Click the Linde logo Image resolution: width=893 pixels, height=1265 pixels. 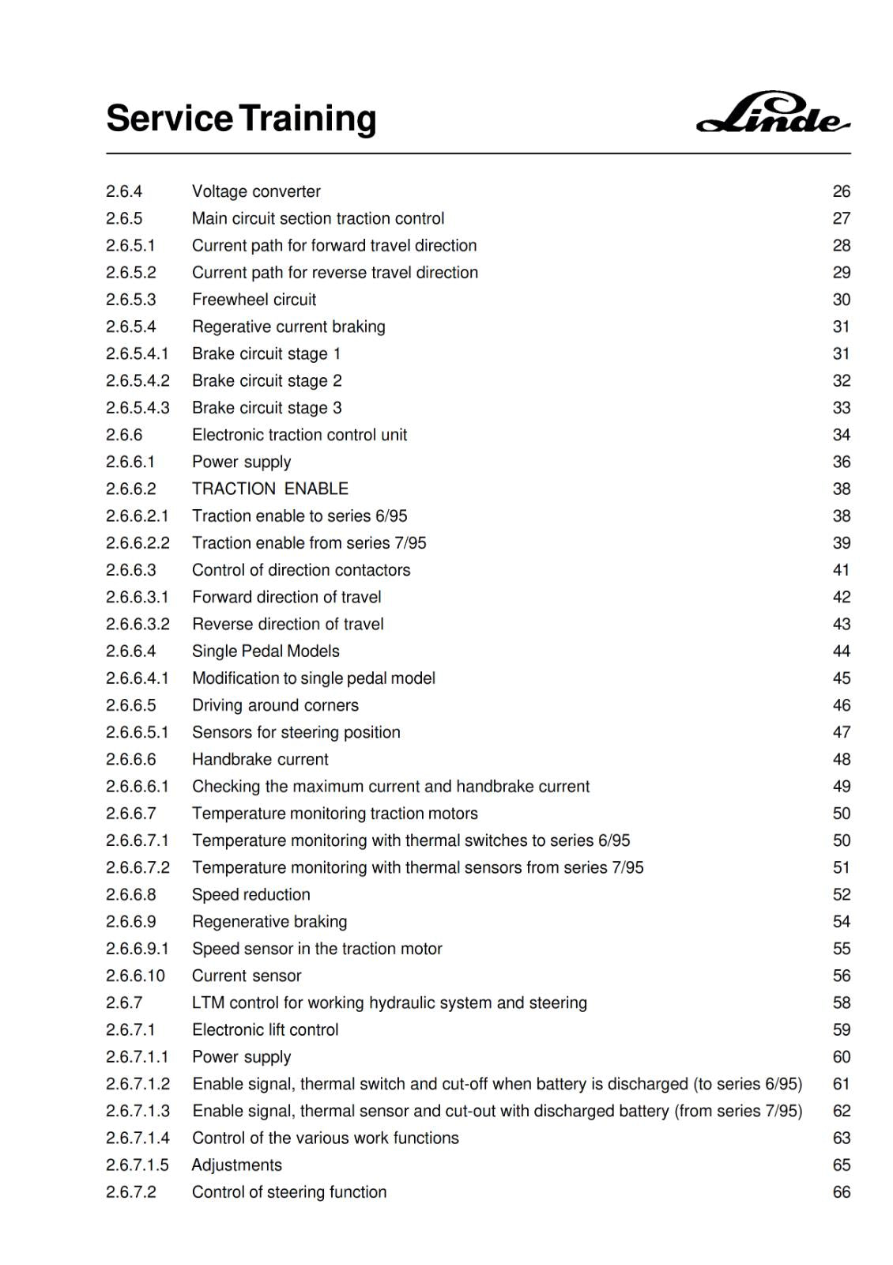[x=773, y=115]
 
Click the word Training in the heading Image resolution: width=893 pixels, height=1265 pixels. [x=308, y=119]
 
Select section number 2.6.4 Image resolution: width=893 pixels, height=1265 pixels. [x=124, y=191]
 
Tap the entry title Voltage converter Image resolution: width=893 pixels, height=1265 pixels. [x=256, y=191]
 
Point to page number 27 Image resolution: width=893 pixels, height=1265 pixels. [x=841, y=218]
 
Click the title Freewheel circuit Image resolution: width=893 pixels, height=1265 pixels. [x=254, y=300]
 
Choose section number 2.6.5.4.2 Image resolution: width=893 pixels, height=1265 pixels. [x=138, y=381]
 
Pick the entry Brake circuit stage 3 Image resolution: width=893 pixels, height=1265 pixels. [x=266, y=408]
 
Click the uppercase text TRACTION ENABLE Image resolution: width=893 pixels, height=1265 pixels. [x=269, y=489]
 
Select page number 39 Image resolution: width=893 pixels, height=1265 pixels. [x=841, y=543]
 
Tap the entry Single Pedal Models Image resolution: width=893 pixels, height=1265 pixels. [x=266, y=651]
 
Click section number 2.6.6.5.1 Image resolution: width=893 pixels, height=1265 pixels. [x=138, y=732]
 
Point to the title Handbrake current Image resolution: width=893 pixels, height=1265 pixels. [x=260, y=760]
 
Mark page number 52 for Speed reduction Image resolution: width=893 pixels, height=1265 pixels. [x=841, y=895]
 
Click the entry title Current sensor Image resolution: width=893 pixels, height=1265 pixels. [x=247, y=976]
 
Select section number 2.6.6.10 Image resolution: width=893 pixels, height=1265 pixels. [x=135, y=976]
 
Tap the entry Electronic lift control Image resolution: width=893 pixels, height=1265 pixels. [x=265, y=1030]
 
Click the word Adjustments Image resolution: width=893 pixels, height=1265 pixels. [x=236, y=1165]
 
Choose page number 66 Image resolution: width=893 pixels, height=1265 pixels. [x=841, y=1192]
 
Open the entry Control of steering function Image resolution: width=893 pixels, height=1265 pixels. [x=289, y=1192]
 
